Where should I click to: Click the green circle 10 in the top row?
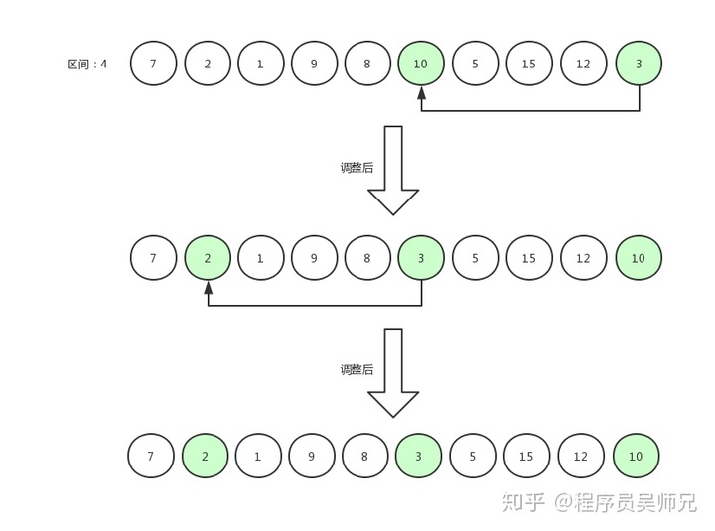coord(421,64)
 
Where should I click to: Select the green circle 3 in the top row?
coord(639,64)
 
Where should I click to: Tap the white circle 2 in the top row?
coord(208,64)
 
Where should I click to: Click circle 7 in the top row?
coord(153,64)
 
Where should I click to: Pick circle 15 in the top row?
coord(529,64)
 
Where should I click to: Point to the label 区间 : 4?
coord(87,65)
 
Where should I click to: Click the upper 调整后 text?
coord(357,168)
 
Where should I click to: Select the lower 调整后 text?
coord(357,369)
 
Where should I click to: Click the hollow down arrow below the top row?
coord(393,171)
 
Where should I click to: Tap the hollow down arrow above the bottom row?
coord(393,372)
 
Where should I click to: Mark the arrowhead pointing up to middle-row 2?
coord(208,288)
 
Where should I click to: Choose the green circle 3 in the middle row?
coord(421,258)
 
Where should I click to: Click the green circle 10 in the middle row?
coord(639,258)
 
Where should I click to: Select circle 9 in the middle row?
coord(314,258)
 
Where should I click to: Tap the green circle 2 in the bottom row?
coord(206,457)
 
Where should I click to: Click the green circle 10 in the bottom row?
coord(637,457)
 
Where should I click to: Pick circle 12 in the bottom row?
coord(581,457)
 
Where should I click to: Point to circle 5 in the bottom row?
coord(474,457)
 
